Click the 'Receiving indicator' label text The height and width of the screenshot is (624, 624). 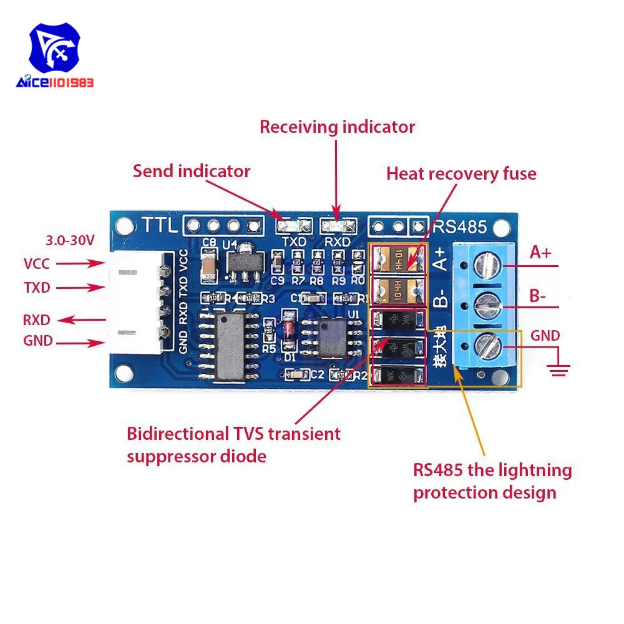pos(337,127)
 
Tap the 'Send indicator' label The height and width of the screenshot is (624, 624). pos(191,171)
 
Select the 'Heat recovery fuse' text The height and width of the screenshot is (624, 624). pos(461,173)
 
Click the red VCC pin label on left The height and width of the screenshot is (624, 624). pos(37,264)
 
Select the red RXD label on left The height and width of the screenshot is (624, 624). pos(37,320)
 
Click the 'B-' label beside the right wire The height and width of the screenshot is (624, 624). pos(537,296)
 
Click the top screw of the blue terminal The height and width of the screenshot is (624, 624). pos(487,266)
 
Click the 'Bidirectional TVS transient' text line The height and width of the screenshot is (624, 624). pos(233,434)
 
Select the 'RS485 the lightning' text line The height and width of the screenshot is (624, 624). pos(492,470)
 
